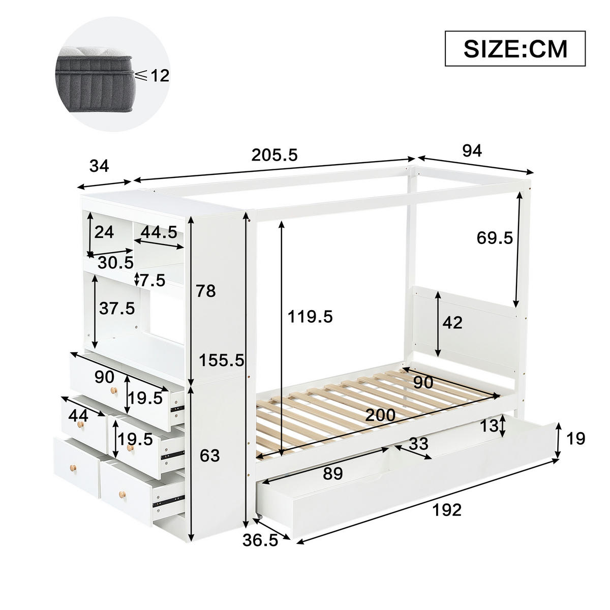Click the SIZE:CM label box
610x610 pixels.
tap(515, 48)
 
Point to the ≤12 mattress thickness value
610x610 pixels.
tap(152, 76)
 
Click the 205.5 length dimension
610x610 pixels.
tap(274, 155)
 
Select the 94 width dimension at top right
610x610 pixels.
tap(471, 150)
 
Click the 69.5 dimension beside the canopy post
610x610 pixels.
tap(495, 237)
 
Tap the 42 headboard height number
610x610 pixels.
tap(452, 322)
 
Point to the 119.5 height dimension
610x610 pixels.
tap(310, 317)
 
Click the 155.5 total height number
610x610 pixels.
tap(222, 360)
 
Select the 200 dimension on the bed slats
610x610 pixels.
tap(380, 415)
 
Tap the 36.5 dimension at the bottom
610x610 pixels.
tap(260, 540)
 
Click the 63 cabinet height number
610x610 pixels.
tap(209, 455)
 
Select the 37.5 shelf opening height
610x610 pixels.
tap(117, 308)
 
